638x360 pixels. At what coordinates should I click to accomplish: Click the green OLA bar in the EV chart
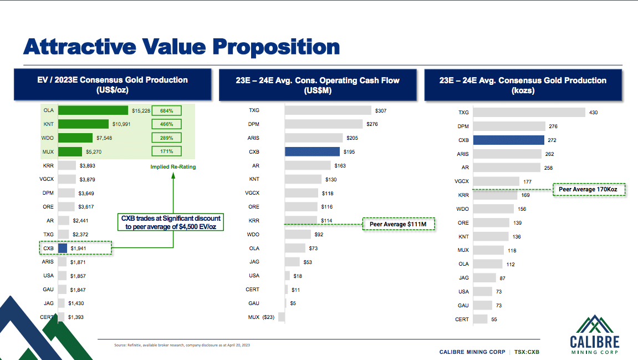(93, 110)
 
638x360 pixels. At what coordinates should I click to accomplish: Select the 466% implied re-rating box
(167, 124)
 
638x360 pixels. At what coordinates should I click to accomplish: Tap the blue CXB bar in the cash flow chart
(312, 151)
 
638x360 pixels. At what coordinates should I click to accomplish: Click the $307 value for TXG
(381, 111)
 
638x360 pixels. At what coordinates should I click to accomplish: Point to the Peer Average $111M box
(399, 224)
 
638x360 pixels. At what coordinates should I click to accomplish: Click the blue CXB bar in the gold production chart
(509, 140)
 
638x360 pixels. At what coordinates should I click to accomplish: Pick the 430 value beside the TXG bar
(594, 113)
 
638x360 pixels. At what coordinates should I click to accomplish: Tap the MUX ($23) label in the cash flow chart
(261, 317)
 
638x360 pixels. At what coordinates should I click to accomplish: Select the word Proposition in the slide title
(277, 47)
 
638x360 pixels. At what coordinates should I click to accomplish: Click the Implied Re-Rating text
(173, 166)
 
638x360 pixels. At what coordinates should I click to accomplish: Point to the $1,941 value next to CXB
(78, 249)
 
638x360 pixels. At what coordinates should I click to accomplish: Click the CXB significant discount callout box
(171, 222)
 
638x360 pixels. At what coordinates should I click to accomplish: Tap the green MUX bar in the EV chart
(70, 151)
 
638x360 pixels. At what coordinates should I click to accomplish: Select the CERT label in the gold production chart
(462, 319)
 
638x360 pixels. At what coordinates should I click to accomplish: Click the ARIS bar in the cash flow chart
(314, 138)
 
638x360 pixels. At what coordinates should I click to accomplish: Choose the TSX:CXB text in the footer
(527, 352)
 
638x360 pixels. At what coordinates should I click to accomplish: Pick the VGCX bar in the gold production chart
(497, 181)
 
